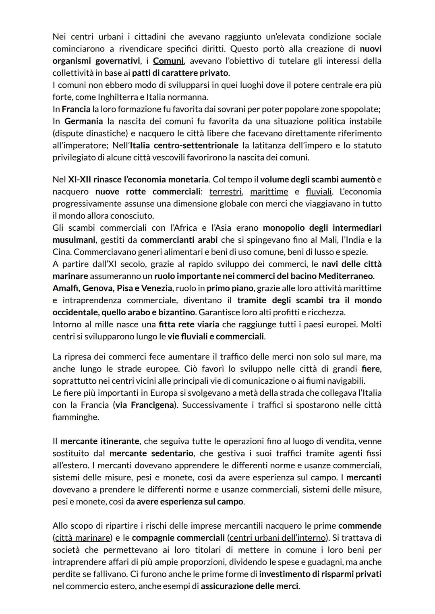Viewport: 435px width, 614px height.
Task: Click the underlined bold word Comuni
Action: pyautogui.click(x=168, y=61)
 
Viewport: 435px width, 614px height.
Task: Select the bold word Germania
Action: pyautogui.click(x=84, y=121)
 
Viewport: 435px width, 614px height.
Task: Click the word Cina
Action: pyautogui.click(x=62, y=252)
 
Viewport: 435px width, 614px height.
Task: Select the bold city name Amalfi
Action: pyautogui.click(x=66, y=288)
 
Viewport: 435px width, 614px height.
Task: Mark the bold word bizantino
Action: pyautogui.click(x=176, y=312)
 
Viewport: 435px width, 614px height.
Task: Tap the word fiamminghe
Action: pyautogui.click(x=75, y=417)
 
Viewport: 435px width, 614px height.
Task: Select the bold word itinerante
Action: pyautogui.click(x=119, y=441)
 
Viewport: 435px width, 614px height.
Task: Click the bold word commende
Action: pyautogui.click(x=360, y=526)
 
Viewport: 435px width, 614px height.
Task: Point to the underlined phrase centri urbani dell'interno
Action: pyautogui.click(x=278, y=538)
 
